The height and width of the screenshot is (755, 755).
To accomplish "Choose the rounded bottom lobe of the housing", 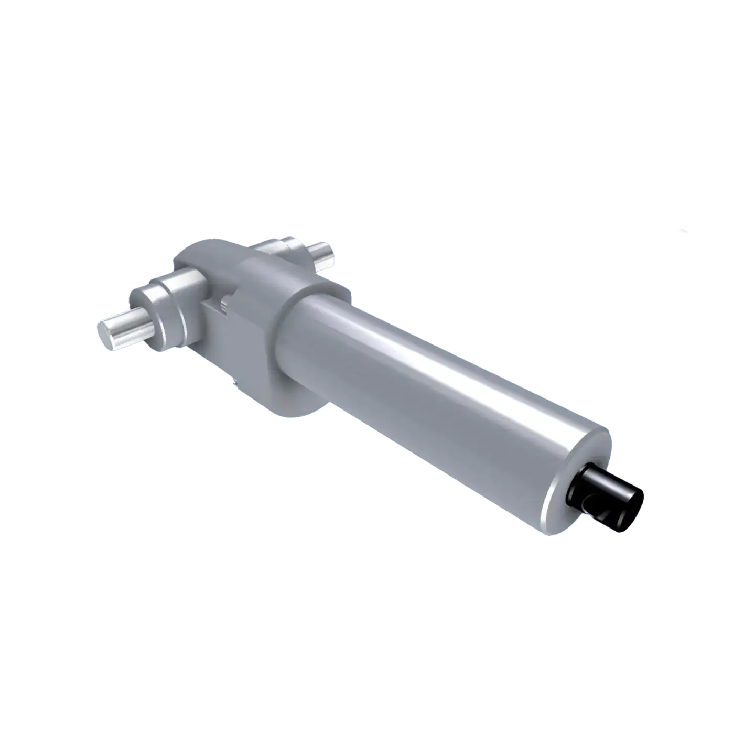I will (283, 404).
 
